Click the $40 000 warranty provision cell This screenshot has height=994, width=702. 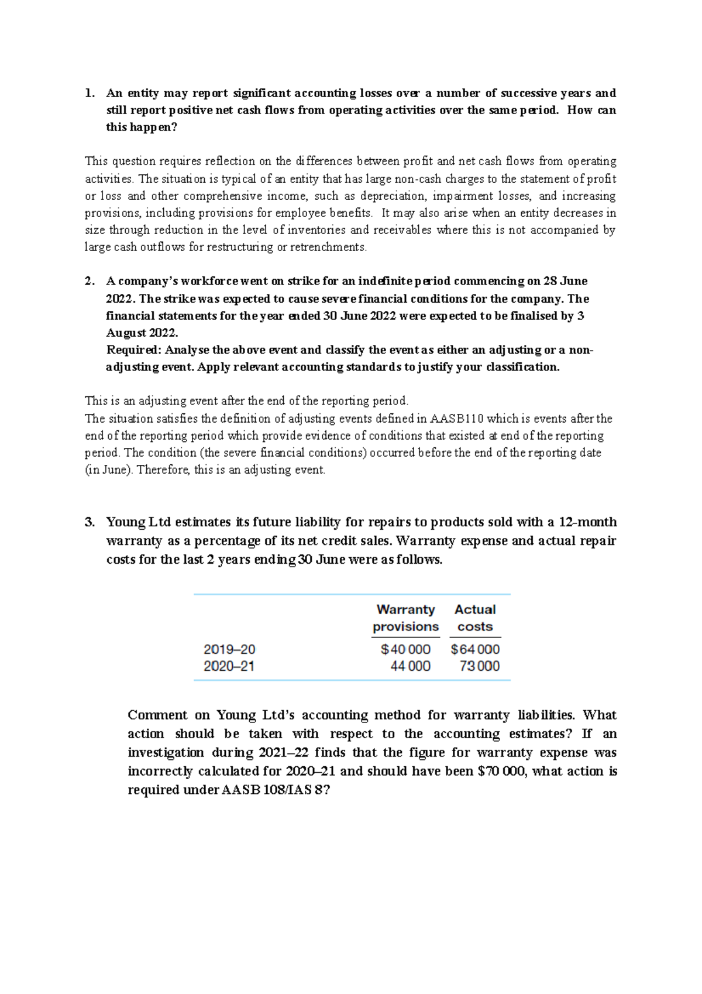point(405,649)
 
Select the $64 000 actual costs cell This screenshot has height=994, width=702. point(475,649)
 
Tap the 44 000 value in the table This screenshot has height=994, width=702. point(410,666)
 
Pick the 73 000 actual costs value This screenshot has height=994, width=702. point(480,666)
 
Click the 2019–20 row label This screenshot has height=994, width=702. point(229,649)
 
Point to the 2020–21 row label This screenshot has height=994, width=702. point(229,666)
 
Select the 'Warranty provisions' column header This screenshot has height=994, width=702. point(405,618)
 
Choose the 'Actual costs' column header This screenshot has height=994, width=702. point(475,618)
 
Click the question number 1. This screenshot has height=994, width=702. point(89,93)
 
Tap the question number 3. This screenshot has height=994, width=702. point(89,522)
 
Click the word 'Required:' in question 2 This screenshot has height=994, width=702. point(134,350)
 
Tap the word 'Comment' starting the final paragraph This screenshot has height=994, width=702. point(157,715)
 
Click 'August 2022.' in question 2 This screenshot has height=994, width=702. point(142,333)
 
